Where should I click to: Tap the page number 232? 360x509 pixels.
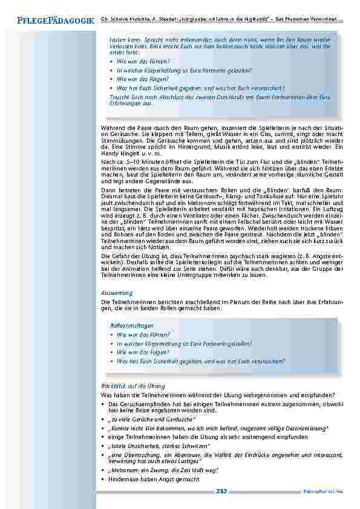pyautogui.click(x=221, y=491)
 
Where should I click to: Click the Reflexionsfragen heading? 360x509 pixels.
pyautogui.click(x=127, y=325)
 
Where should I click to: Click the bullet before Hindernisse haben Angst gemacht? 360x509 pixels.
pyautogui.click(x=103, y=479)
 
